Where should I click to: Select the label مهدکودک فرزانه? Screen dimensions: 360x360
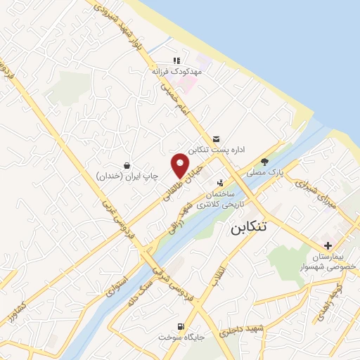click(x=176, y=72)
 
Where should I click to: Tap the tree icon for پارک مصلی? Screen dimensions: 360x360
click(x=264, y=160)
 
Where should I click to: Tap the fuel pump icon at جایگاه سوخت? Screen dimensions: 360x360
click(x=181, y=327)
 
